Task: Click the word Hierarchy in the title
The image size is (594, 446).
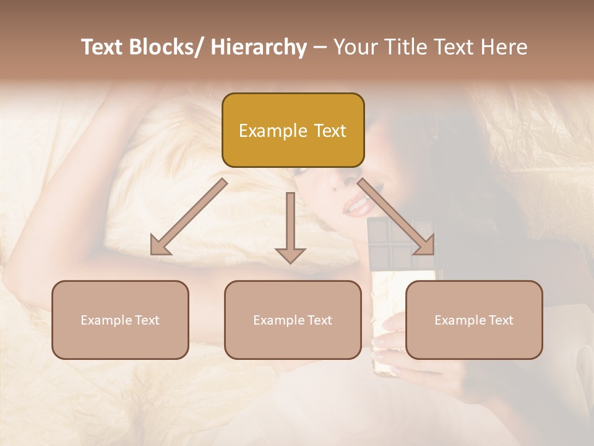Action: [258, 48]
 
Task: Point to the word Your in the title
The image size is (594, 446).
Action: [355, 48]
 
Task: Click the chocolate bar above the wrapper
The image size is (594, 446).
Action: [390, 245]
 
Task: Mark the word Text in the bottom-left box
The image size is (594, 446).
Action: [146, 320]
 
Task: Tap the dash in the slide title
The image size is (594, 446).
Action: [320, 48]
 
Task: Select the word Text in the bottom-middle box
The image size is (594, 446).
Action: [319, 320]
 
